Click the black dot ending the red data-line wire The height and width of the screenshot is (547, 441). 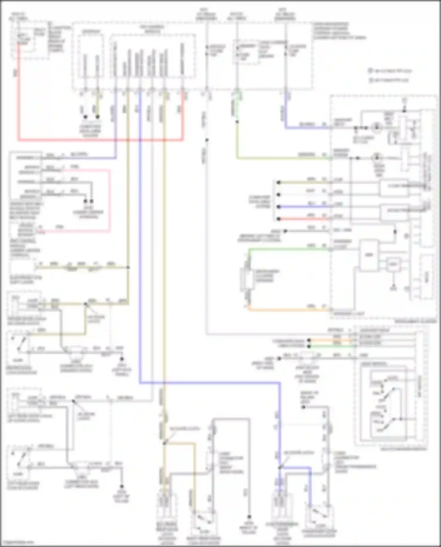(x=278, y=219)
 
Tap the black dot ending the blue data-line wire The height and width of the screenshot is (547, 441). (x=278, y=207)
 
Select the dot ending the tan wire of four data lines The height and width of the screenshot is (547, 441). (x=278, y=183)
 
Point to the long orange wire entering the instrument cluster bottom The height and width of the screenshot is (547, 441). (x=288, y=310)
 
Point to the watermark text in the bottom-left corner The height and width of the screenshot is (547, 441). (x=18, y=542)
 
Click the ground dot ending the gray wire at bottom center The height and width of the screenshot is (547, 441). (x=249, y=516)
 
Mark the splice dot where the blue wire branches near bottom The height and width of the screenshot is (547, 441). (x=279, y=467)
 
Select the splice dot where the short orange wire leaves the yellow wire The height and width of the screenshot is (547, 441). (x=164, y=443)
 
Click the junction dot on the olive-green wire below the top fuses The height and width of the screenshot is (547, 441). (x=237, y=121)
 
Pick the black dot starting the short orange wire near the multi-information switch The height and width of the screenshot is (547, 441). (x=309, y=340)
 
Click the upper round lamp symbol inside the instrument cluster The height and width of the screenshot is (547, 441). (x=376, y=128)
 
